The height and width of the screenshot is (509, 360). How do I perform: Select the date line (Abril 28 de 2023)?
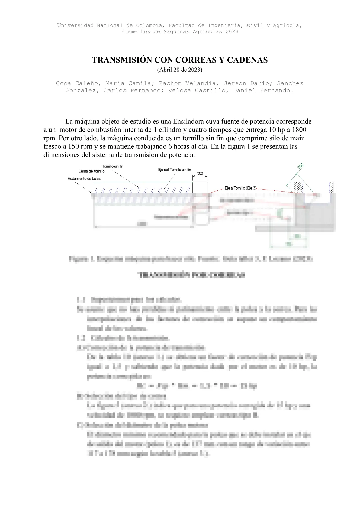tap(180, 70)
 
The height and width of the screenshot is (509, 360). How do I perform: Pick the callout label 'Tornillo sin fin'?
tap(113, 166)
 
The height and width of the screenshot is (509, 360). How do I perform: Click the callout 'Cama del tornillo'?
tap(92, 171)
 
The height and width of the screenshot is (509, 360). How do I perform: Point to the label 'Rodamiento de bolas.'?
tap(84, 178)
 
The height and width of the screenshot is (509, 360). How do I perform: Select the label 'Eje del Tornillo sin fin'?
tap(175, 170)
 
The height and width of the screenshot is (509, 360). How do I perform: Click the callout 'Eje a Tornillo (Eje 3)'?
tap(240, 188)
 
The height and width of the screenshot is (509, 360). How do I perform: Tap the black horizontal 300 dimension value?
tap(200, 173)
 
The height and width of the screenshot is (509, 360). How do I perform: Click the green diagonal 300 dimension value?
tap(301, 166)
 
